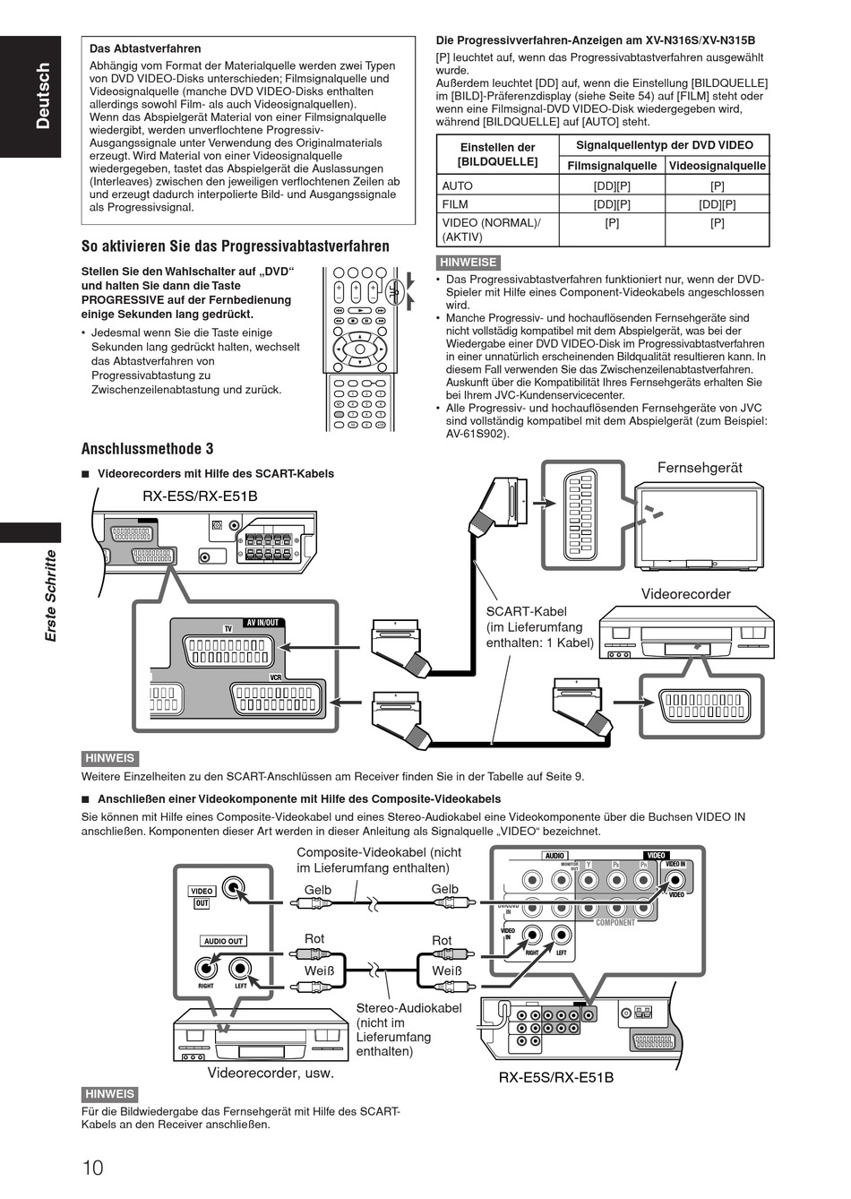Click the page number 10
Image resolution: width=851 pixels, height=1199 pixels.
[93, 1167]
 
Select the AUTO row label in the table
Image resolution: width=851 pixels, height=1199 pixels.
[457, 185]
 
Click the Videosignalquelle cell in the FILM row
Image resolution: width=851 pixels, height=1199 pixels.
[718, 204]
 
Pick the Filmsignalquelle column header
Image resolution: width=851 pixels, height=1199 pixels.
[612, 166]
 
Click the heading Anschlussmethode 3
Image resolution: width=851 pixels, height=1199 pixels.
[147, 449]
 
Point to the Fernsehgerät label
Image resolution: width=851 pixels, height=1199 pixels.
[700, 467]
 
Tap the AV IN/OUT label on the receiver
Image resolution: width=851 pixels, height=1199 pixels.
[262, 623]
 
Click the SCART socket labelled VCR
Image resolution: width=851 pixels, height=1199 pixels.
[278, 699]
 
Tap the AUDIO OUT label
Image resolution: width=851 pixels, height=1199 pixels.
[223, 941]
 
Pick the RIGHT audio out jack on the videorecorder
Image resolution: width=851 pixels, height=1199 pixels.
[206, 968]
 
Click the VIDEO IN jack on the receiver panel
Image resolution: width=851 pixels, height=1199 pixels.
[675, 879]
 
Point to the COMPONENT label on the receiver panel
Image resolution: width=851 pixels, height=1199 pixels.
[615, 922]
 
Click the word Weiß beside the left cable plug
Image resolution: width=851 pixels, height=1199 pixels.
[319, 970]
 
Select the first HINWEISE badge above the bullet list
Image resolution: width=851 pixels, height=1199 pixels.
[468, 263]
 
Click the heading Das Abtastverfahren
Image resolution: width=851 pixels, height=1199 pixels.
[145, 48]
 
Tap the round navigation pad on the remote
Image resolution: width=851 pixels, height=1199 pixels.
[360, 349]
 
